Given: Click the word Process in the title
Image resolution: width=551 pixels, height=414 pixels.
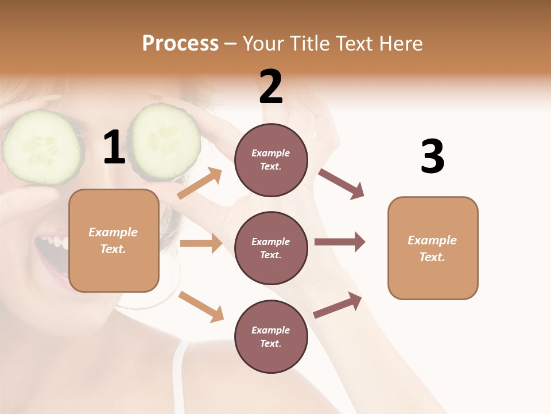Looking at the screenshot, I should point(180,44).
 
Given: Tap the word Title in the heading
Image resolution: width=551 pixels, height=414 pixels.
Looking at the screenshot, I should point(310,44).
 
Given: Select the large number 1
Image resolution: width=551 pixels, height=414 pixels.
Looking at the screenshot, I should point(114,148).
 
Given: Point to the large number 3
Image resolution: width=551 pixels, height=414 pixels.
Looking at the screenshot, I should point(432,156).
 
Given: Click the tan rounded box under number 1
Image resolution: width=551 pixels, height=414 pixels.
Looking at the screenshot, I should point(114,240).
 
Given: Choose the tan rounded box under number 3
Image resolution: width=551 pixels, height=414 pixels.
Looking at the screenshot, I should point(433,248).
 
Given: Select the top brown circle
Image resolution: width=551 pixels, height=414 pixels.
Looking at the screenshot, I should point(271,160).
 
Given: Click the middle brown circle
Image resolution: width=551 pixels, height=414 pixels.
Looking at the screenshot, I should point(271,248).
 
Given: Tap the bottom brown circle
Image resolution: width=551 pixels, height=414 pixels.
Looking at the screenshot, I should point(271,336).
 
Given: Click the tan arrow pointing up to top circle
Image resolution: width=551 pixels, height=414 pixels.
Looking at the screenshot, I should point(200,183).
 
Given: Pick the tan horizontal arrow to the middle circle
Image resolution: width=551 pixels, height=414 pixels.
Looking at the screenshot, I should point(201,243).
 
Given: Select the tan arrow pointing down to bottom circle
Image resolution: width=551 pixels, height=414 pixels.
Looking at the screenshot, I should point(201,306).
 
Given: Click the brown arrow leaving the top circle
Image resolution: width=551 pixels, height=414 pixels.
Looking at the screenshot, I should point(342,183).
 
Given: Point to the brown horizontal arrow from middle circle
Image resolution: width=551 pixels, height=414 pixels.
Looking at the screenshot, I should point(340,241).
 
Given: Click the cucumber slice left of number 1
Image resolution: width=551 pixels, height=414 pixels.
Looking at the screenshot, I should point(41,147).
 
